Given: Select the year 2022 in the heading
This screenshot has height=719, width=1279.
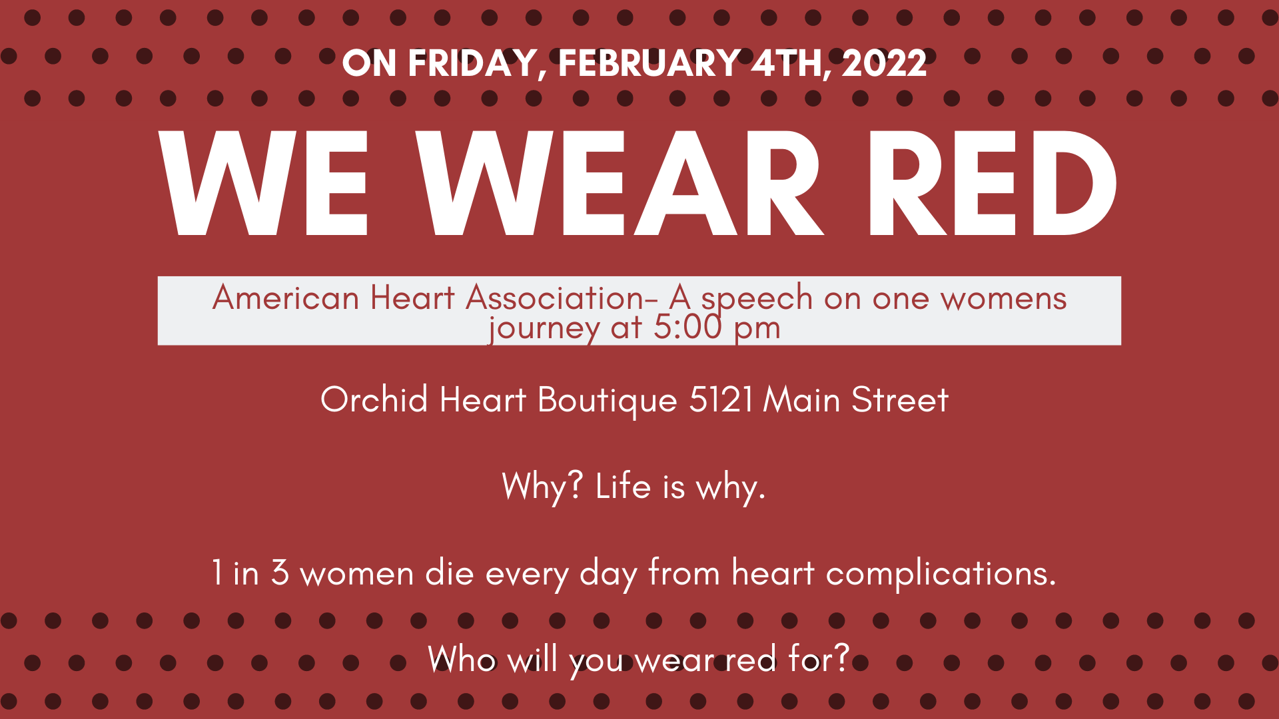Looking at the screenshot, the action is click(884, 63).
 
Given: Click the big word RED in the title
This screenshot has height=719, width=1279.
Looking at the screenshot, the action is click(993, 183).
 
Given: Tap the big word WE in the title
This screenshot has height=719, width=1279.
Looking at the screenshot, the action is click(263, 183).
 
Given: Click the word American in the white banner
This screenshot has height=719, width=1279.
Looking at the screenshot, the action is click(286, 298).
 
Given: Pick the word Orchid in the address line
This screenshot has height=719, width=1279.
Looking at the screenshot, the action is click(374, 399).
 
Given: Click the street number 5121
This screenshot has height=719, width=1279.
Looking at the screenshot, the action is click(721, 400).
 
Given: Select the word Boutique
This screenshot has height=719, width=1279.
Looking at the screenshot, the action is click(608, 401).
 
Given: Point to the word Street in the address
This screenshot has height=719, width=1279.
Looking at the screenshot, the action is click(899, 400).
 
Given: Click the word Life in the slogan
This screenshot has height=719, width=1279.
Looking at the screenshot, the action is click(623, 486).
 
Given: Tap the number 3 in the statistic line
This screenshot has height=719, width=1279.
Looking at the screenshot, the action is click(280, 573).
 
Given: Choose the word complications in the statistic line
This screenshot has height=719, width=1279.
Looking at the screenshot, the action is click(941, 574).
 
